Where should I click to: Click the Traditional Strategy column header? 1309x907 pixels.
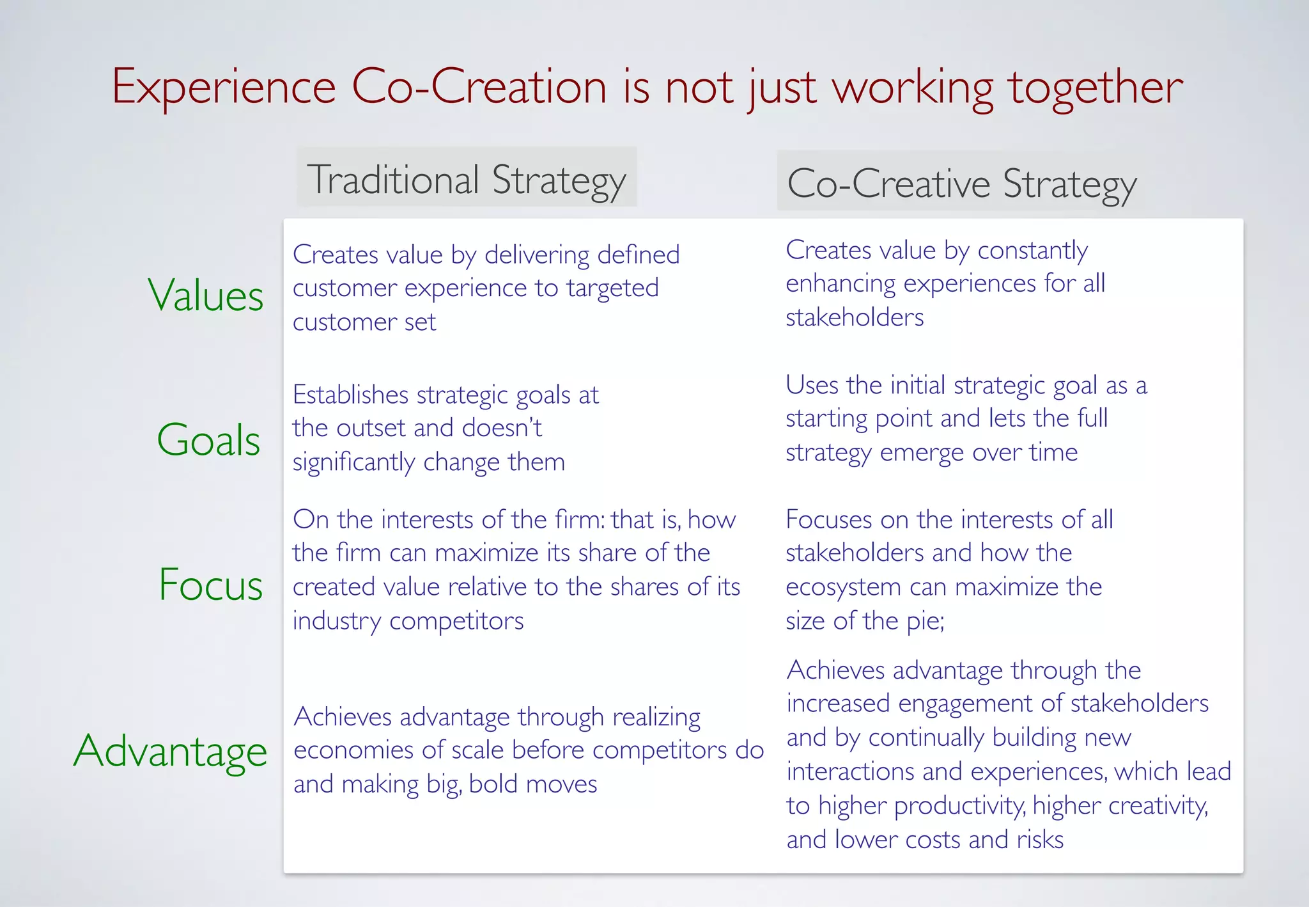[467, 180]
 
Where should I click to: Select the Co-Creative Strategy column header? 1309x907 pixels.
[961, 184]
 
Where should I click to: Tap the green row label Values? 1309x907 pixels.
[206, 296]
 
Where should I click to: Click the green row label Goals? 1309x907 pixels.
[208, 440]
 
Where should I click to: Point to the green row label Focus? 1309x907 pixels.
[210, 584]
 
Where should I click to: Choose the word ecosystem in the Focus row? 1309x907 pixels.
[842, 587]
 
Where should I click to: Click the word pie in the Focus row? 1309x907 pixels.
[924, 621]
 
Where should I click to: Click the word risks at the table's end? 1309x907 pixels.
[1040, 839]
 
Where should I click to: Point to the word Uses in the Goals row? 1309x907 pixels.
[812, 385]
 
